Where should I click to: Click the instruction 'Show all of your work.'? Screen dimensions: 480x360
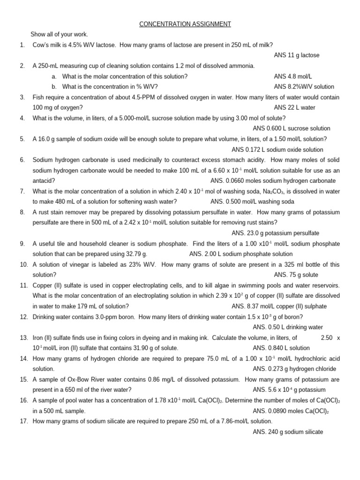pos(59,34)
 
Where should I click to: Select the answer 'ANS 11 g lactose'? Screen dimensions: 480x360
pos(296,55)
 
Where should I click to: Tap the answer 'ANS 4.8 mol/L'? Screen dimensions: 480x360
pos(293,76)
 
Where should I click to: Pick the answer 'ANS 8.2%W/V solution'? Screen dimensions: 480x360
pos(304,87)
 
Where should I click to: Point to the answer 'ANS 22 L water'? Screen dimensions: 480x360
pos(294,108)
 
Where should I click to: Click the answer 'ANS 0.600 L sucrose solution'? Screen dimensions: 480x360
pos(292,128)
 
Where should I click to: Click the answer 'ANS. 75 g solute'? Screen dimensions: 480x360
pos(296,275)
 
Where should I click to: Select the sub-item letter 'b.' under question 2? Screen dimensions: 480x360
pos(54,87)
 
